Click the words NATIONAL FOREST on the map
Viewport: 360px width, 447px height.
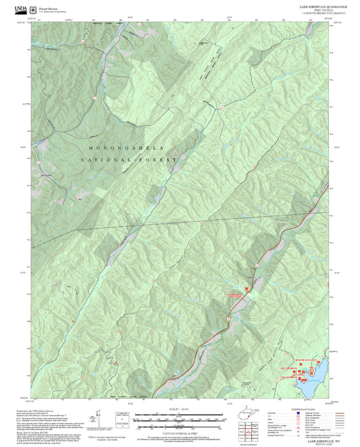(x=128, y=159)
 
